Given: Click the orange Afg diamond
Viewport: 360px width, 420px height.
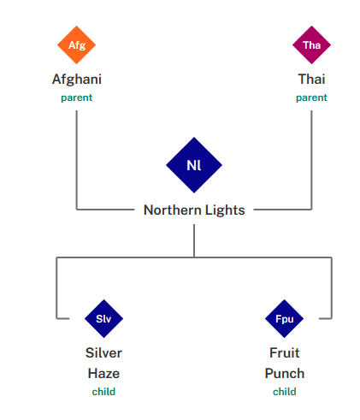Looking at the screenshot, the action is pos(76,44).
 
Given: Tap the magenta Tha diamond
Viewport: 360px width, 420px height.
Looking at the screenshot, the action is pos(311,44).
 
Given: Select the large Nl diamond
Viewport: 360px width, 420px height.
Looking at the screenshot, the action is pos(194,165).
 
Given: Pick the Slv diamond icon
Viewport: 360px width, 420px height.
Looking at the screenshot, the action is pos(103,318).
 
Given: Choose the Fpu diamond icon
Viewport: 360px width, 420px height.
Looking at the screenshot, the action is pos(284,318).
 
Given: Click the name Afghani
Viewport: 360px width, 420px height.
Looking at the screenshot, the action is pos(77,80).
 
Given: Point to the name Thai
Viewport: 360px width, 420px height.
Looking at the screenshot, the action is pos(311,79).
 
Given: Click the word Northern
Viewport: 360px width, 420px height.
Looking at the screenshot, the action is pos(173,210).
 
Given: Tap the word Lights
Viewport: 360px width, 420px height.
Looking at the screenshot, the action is pos(225,210).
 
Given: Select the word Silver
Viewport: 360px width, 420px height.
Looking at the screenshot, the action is pos(103,352).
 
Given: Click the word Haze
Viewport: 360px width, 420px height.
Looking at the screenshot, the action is pos(103,373).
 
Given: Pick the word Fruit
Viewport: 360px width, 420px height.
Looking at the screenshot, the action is pos(285,352).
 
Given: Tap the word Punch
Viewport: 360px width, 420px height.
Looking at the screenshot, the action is pos(285,373).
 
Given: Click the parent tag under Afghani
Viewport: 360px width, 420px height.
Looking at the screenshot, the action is pos(77,98).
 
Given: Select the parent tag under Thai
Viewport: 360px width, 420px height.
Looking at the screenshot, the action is pos(311,98).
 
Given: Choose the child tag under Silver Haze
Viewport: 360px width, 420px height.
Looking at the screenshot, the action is pos(103,392).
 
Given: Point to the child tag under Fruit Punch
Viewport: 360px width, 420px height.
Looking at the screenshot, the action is pos(285,392).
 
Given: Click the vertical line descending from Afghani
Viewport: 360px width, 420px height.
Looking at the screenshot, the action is pos(77,160).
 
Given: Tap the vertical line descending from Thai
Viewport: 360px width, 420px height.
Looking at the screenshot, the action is pos(311,160).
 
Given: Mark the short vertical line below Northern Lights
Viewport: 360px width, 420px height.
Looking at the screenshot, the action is pos(194,240).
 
